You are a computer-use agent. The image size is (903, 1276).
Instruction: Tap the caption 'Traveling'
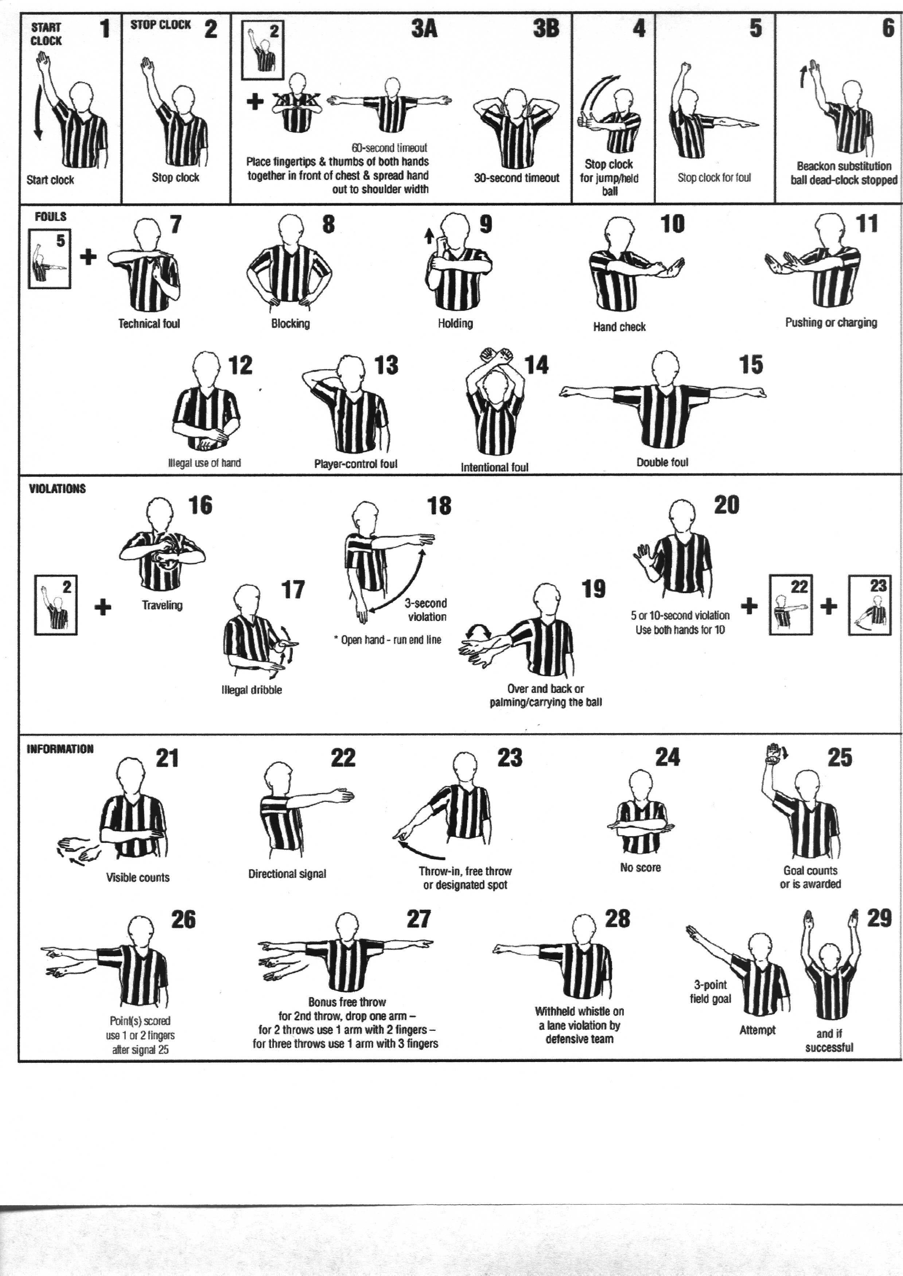tap(162, 605)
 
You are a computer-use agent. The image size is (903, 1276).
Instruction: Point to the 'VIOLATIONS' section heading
tap(57, 489)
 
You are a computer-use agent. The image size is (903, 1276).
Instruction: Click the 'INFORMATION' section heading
tap(60, 749)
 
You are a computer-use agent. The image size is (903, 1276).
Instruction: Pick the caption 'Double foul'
tap(662, 462)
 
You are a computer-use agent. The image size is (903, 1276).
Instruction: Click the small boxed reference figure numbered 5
tap(50, 259)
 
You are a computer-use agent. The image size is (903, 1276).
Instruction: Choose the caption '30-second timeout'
tap(517, 178)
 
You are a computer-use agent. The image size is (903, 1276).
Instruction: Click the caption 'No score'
tap(641, 867)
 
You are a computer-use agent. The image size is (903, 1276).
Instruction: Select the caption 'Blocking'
tap(290, 323)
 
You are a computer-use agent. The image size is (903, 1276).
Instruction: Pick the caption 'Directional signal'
tap(287, 874)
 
